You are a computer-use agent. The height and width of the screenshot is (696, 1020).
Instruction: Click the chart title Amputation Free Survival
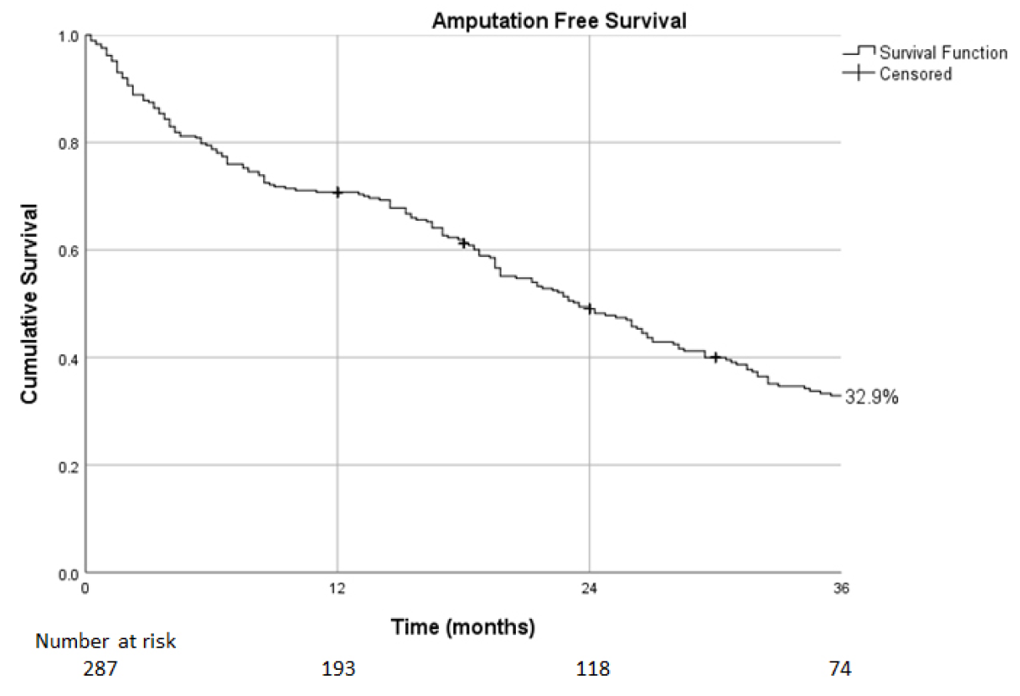[x=559, y=21]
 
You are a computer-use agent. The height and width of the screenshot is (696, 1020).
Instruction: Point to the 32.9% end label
[x=871, y=397]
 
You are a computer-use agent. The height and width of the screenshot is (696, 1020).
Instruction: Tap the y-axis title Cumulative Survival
[x=29, y=304]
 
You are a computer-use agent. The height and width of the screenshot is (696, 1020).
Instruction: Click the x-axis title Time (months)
[x=463, y=627]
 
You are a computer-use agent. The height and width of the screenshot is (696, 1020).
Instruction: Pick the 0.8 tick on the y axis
[x=69, y=144]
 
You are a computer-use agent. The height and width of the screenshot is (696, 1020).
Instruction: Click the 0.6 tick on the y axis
[x=69, y=251]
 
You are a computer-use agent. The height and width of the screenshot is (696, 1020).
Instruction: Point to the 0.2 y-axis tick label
[x=69, y=467]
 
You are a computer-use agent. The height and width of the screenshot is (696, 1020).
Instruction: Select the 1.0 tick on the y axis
[x=69, y=36]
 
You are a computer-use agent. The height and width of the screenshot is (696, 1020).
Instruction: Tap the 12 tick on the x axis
[x=337, y=589]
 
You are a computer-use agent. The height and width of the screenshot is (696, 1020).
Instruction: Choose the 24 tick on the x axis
[x=589, y=589]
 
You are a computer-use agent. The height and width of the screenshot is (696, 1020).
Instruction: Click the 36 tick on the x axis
[x=841, y=589]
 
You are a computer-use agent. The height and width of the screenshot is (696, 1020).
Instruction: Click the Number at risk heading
[x=106, y=641]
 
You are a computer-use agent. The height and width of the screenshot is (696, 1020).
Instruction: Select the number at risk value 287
[x=100, y=669]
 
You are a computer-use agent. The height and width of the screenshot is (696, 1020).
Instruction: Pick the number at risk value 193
[x=338, y=669]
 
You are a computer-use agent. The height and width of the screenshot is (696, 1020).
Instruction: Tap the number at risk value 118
[x=593, y=669]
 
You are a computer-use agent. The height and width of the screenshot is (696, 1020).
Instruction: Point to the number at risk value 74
[x=840, y=669]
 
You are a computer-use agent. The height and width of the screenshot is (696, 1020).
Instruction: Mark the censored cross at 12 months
[x=337, y=193]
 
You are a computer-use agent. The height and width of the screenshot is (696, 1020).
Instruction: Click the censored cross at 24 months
[x=590, y=309]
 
